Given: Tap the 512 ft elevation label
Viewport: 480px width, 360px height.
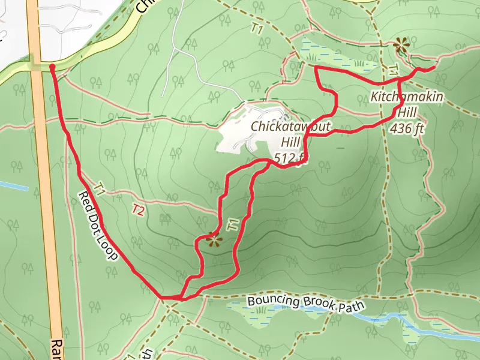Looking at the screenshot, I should click(290, 158).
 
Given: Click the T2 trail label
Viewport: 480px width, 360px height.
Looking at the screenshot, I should click(139, 210).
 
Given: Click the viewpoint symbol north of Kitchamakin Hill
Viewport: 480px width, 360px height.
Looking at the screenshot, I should click(401, 44).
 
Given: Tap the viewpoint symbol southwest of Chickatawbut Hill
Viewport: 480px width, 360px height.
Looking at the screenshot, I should click(212, 239).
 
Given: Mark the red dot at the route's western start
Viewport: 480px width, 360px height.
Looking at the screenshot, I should click(52, 67).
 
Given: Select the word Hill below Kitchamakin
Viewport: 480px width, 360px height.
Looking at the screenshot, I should click(408, 112).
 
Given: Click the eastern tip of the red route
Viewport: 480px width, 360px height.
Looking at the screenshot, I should click(433, 68).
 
